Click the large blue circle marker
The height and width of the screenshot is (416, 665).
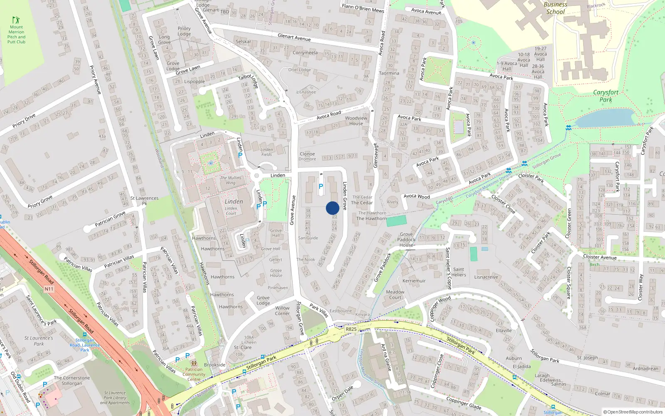coord(332,208)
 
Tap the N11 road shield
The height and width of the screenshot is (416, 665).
coord(49,289)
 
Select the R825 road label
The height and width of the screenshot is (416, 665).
coord(351,329)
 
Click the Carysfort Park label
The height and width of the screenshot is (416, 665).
coord(606,96)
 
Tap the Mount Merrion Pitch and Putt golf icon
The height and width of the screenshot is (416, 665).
coord(16,20)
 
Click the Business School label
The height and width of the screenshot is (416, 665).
coord(555,8)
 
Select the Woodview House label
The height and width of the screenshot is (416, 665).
coord(356,121)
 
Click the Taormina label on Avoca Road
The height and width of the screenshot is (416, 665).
coord(389,73)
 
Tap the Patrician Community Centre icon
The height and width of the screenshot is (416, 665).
coord(194,363)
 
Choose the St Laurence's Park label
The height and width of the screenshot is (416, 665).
coord(39,341)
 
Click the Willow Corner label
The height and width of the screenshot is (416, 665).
coord(282,311)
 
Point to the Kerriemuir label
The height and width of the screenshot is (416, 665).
coord(414,281)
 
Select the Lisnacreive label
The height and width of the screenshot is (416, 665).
coord(486,277)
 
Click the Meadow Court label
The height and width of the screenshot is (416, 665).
coord(395,295)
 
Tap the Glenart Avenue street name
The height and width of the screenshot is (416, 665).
coord(294,37)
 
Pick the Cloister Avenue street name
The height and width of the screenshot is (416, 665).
coord(600,257)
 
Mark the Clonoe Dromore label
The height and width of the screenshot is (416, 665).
coord(307,156)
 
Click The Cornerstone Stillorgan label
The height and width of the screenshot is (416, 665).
coord(71,381)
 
